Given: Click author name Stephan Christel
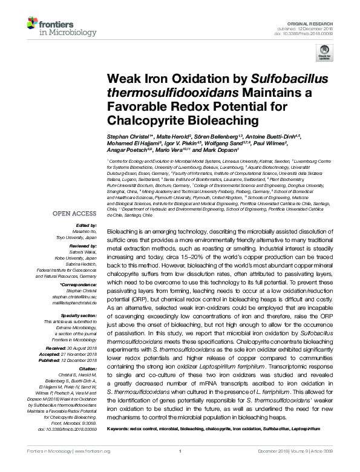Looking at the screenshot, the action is [127, 138].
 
